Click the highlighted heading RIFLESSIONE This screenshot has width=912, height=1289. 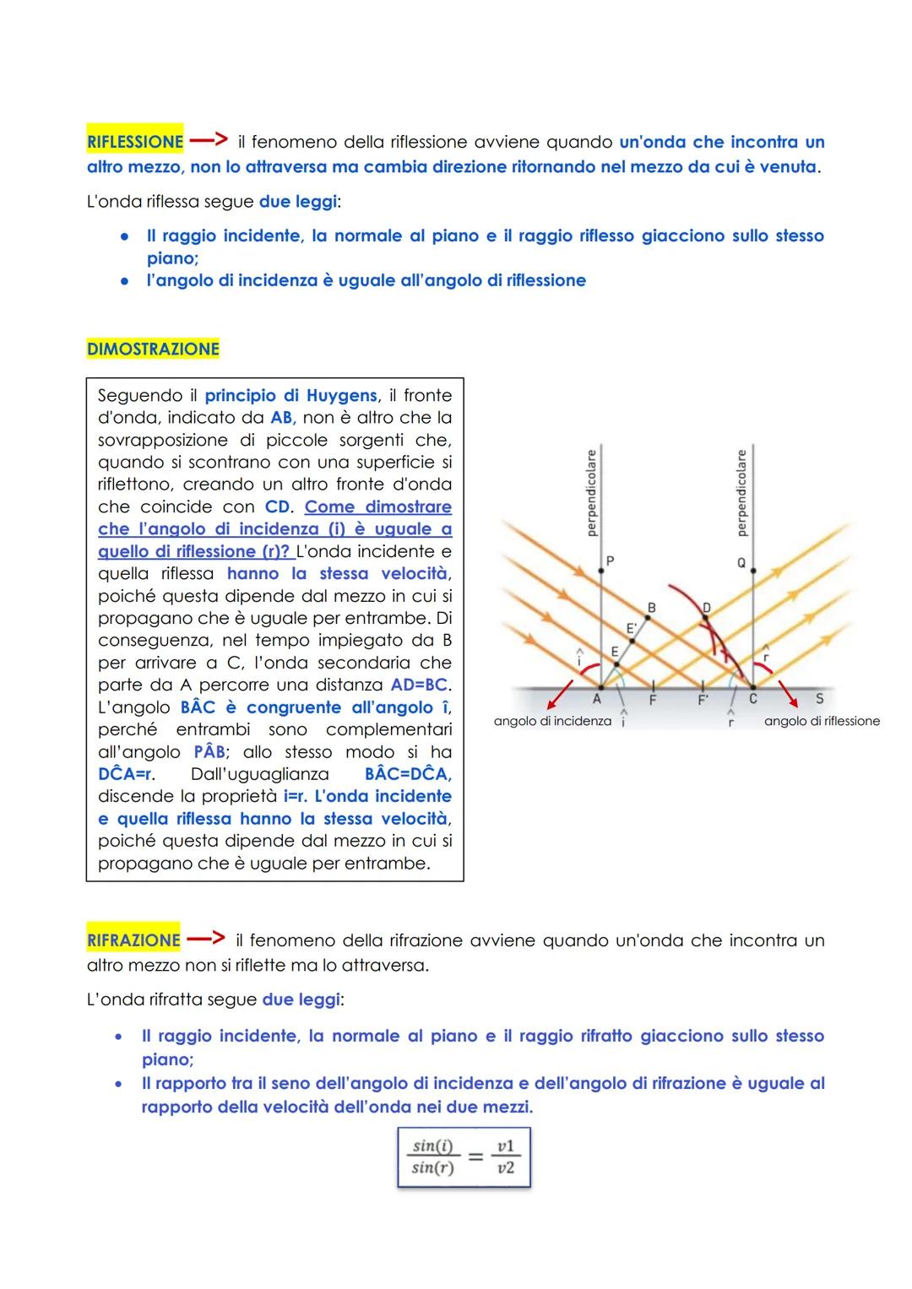coord(134,142)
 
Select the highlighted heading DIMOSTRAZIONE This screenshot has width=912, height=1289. coord(153,349)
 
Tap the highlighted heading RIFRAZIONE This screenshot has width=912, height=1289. coord(133,940)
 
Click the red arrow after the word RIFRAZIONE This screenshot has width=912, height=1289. coord(206,938)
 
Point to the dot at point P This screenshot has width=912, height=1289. coord(600,571)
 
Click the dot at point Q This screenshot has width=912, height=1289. coord(753,571)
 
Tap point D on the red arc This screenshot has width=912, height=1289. coord(706,618)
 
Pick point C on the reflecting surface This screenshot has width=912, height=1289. coord(752,686)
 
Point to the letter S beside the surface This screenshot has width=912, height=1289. coord(819,699)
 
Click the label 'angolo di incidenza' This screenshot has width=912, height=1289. coord(552,721)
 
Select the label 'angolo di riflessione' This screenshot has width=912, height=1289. coord(822,721)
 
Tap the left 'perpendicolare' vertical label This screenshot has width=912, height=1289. coord(591,493)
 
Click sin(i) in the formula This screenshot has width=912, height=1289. coord(432,1145)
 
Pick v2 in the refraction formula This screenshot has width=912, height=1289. coord(506,1168)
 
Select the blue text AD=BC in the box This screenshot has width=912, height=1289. coord(420,685)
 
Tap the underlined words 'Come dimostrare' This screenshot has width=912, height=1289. coord(377,506)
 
